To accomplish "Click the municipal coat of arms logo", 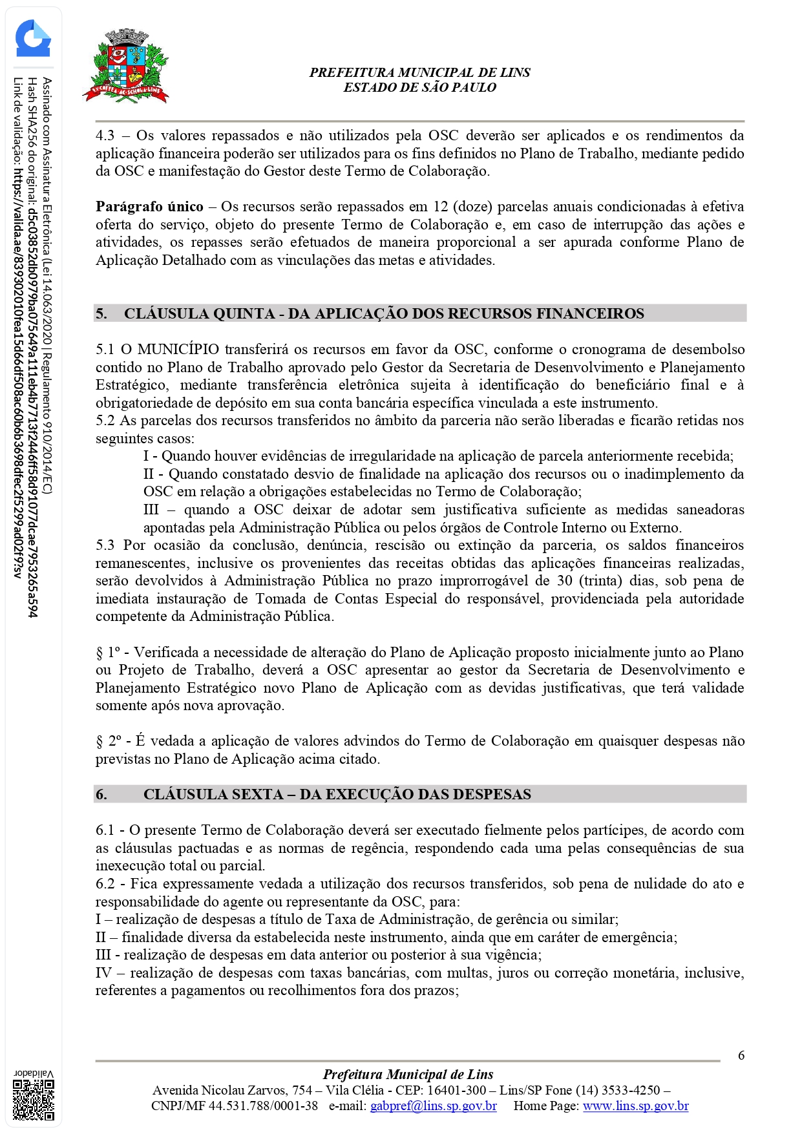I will click(127, 67).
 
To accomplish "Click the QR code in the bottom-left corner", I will click(34, 1099).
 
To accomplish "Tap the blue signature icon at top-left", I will click(33, 39).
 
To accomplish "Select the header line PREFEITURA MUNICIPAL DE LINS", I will click(419, 72).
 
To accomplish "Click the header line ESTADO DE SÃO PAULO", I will click(419, 87).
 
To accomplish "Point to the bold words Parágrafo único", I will click(149, 207).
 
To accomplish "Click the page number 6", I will click(741, 1055).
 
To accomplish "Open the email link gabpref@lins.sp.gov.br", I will click(433, 1106).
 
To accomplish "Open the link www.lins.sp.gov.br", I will click(635, 1106).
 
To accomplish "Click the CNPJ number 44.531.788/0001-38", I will click(263, 1106).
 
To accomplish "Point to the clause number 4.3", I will click(105, 136).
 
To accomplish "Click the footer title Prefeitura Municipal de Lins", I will click(408, 1075).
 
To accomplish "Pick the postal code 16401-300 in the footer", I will click(456, 1090).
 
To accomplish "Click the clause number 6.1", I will click(105, 830).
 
